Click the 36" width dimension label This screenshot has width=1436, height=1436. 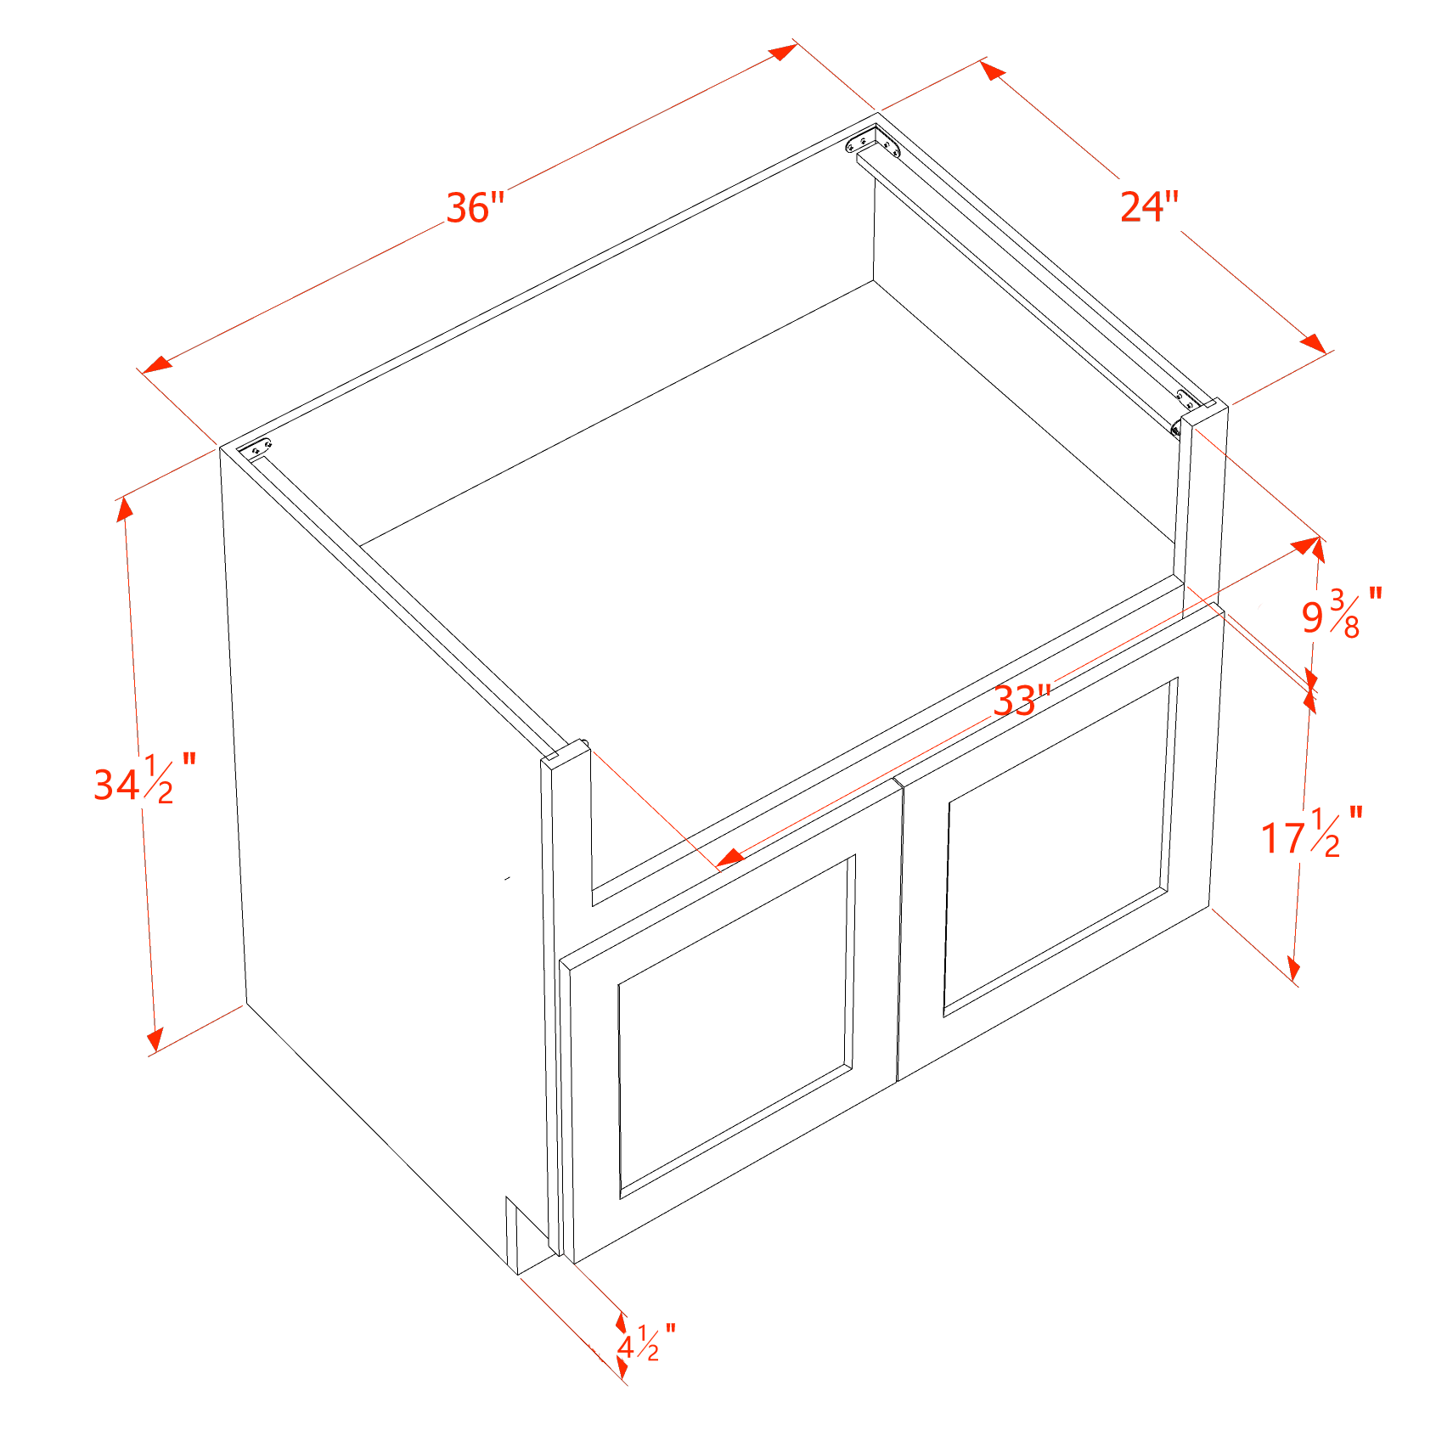tap(476, 207)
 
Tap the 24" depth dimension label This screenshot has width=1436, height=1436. tap(1149, 206)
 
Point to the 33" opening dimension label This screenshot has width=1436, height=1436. tap(1022, 701)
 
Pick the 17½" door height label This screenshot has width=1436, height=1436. tap(1311, 833)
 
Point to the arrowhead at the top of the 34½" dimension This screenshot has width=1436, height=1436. tap(125, 509)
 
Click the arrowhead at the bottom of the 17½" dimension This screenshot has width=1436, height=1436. tap(1293, 968)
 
